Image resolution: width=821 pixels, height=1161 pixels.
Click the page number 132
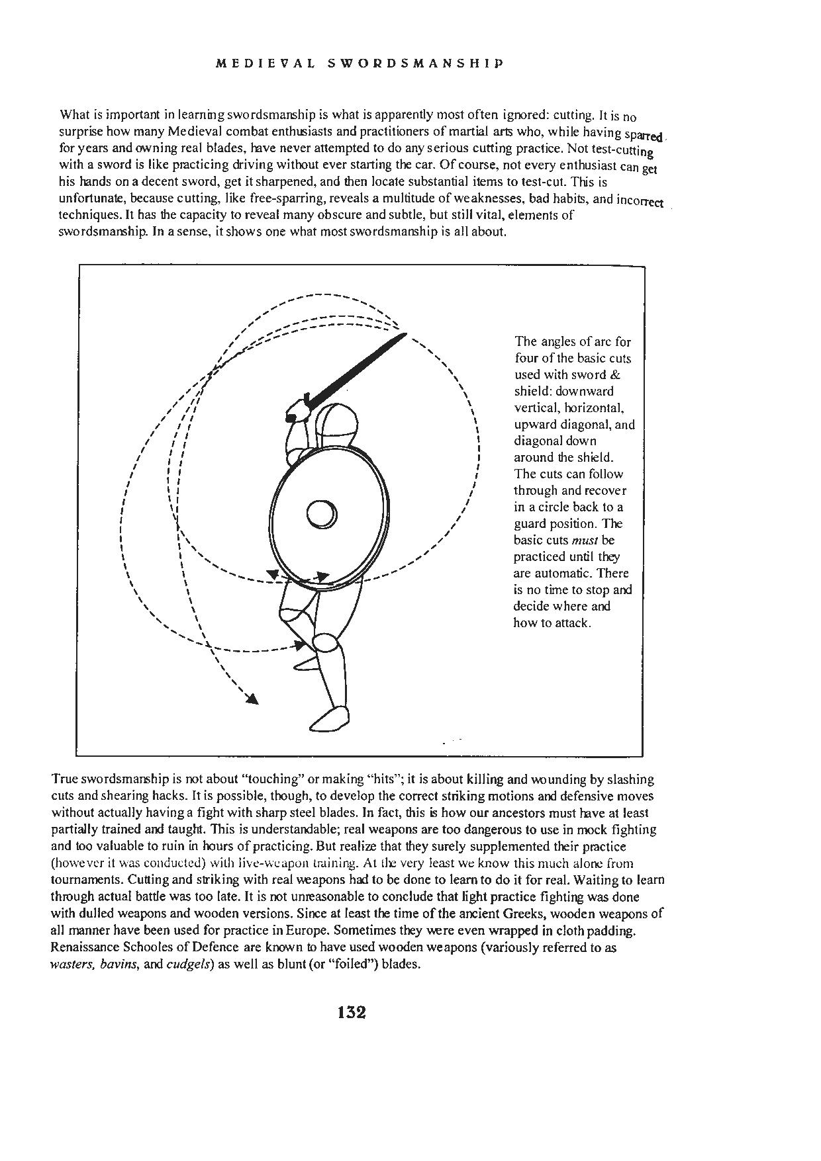coord(351,1012)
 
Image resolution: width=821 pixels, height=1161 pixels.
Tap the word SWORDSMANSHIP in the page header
coord(406,64)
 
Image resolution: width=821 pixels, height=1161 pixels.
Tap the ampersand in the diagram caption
coord(614,375)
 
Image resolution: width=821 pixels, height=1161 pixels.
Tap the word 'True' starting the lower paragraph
coord(64,779)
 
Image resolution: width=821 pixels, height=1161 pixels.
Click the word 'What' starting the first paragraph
coord(74,114)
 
